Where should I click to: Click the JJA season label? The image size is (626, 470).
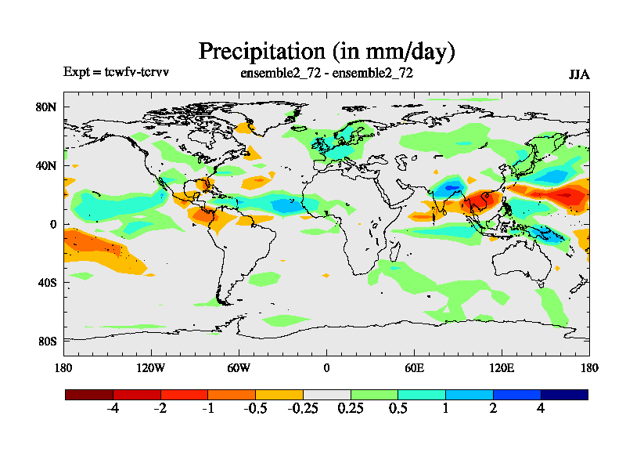click(x=579, y=75)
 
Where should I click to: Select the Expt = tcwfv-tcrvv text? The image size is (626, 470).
click(x=117, y=72)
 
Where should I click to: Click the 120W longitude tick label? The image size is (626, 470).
click(x=151, y=367)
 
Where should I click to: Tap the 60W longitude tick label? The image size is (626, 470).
click(x=239, y=367)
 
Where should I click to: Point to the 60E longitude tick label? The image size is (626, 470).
click(x=414, y=367)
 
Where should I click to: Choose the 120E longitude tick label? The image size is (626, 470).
click(x=502, y=367)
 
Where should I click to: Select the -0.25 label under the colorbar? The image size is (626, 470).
click(x=302, y=409)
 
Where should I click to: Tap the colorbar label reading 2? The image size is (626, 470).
click(x=493, y=409)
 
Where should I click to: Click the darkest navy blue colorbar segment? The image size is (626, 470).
click(x=564, y=395)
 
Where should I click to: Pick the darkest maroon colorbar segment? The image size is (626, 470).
click(x=89, y=395)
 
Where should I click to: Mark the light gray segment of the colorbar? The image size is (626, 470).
click(x=327, y=395)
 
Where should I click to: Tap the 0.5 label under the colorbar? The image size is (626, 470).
click(x=398, y=409)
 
